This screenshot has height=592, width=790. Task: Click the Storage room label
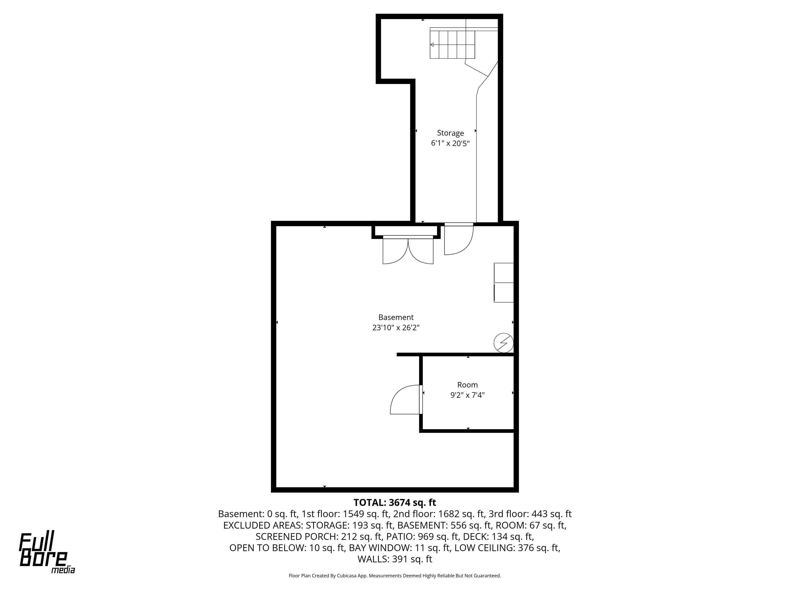[450, 133]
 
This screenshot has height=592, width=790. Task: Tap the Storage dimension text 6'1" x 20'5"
[450, 143]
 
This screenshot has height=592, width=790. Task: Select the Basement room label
[396, 317]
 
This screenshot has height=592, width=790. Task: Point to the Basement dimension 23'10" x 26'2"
[396, 328]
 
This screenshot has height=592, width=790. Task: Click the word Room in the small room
[467, 385]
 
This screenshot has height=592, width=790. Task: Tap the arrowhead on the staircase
[432, 45]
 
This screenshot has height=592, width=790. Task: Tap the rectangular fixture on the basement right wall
[503, 283]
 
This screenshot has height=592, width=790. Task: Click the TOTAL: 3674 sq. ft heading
[395, 503]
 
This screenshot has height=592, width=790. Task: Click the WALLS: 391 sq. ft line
[395, 559]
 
